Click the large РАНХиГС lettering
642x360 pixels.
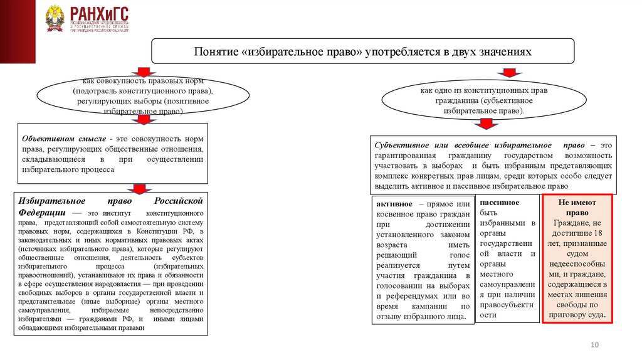[x=98, y=13]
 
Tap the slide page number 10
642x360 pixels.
[x=595, y=346]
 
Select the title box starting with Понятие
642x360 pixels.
[x=362, y=52]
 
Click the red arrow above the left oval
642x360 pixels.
[x=144, y=72]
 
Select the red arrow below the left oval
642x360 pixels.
[x=144, y=119]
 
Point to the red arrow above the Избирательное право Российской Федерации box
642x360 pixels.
[x=139, y=188]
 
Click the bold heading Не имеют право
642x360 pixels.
[x=577, y=208]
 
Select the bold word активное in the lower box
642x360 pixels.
[x=394, y=204]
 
